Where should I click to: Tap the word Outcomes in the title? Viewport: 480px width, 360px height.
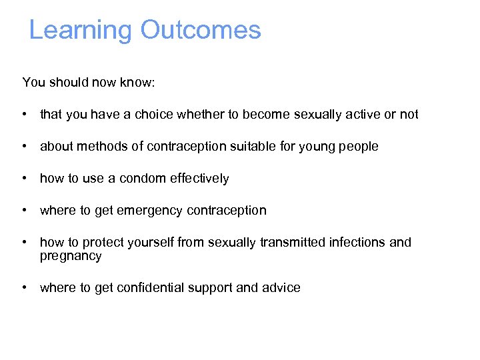(200, 31)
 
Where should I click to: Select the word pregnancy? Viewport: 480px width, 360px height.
(71, 256)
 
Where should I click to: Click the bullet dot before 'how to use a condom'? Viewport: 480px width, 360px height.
(24, 178)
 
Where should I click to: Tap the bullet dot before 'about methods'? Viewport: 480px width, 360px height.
(24, 146)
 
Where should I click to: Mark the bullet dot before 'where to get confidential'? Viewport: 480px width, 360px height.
(24, 287)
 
